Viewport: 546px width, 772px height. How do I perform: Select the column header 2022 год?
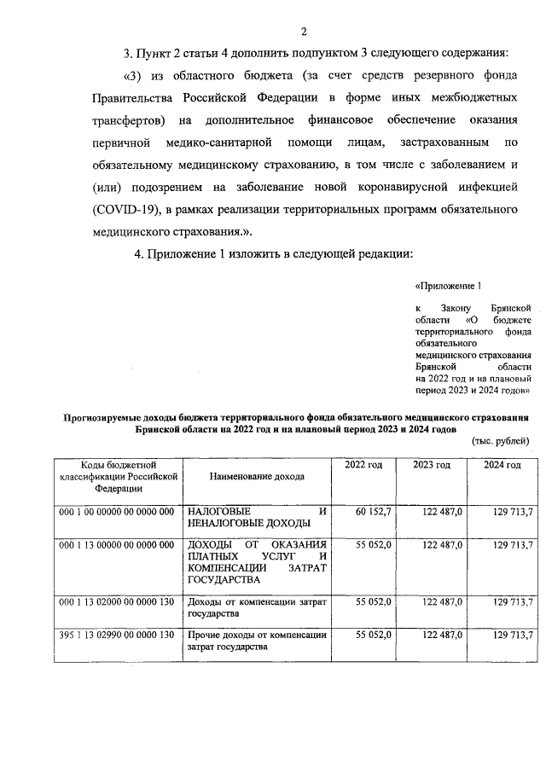coord(363,464)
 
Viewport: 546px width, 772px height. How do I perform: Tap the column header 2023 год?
coord(432,464)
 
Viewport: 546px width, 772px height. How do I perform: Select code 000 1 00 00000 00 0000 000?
coord(117,512)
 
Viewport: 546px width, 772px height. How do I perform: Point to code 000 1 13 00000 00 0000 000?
coord(117,545)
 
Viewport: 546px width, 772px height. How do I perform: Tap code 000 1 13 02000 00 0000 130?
coord(117,602)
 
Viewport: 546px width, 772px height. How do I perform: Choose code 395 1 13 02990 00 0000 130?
coord(117,636)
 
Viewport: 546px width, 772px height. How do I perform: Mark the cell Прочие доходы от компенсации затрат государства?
coord(256,641)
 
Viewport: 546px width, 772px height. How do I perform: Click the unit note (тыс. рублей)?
coord(501,441)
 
